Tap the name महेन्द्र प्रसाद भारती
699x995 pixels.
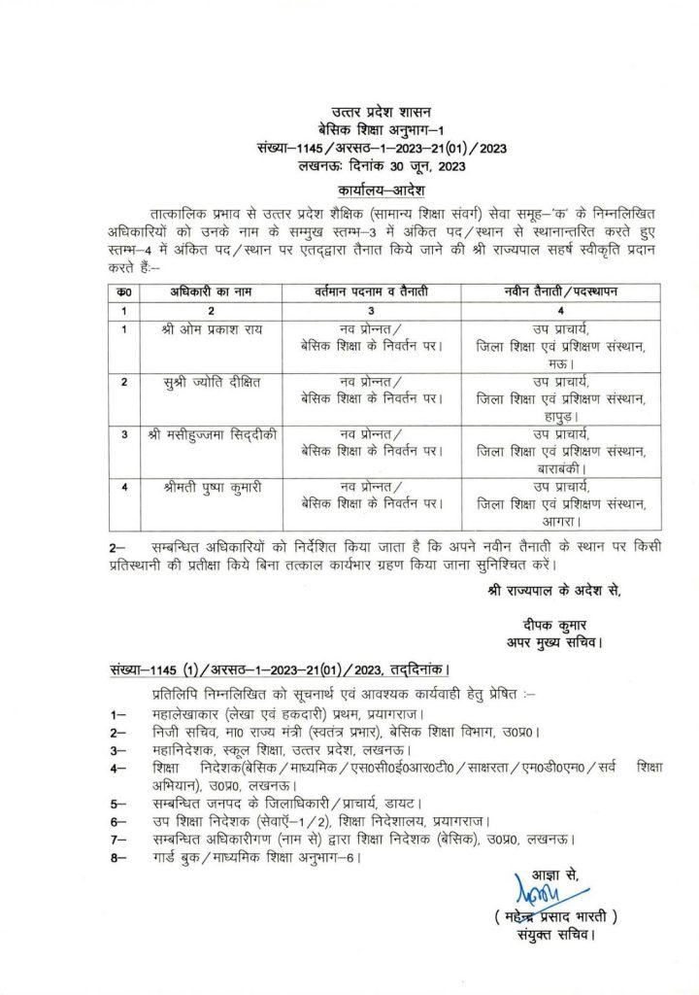coord(556,916)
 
